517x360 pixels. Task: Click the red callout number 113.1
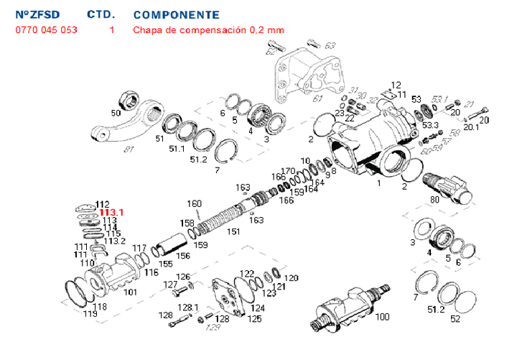112,213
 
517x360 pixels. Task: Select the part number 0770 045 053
46,30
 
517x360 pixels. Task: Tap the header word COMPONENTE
176,14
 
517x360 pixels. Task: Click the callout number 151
234,231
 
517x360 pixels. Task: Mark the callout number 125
254,318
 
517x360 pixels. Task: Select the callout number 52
455,319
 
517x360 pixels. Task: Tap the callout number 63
330,46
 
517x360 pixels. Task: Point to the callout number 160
195,203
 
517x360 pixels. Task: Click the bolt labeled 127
183,289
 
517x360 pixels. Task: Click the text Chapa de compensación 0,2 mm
208,30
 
